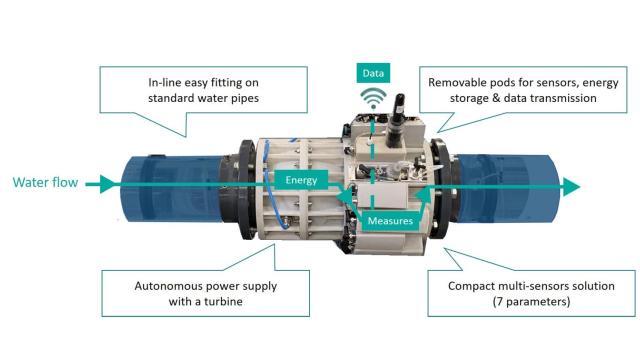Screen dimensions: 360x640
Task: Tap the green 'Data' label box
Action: click(x=373, y=73)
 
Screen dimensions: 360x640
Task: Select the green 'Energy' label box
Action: click(x=302, y=181)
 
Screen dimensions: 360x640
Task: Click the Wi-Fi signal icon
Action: click(x=373, y=101)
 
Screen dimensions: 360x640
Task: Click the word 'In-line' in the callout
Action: click(x=138, y=82)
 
